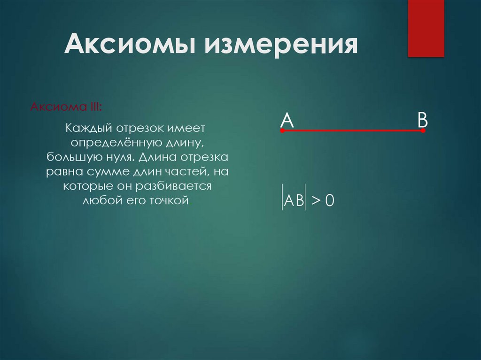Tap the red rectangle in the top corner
pyautogui.click(x=426, y=28)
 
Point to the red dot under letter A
pyautogui.click(x=282, y=131)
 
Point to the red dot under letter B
pyautogui.click(x=423, y=131)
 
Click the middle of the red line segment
pyautogui.click(x=352, y=130)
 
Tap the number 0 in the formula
pyautogui.click(x=329, y=201)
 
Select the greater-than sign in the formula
pyautogui.click(x=315, y=201)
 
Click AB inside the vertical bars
pyautogui.click(x=294, y=201)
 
